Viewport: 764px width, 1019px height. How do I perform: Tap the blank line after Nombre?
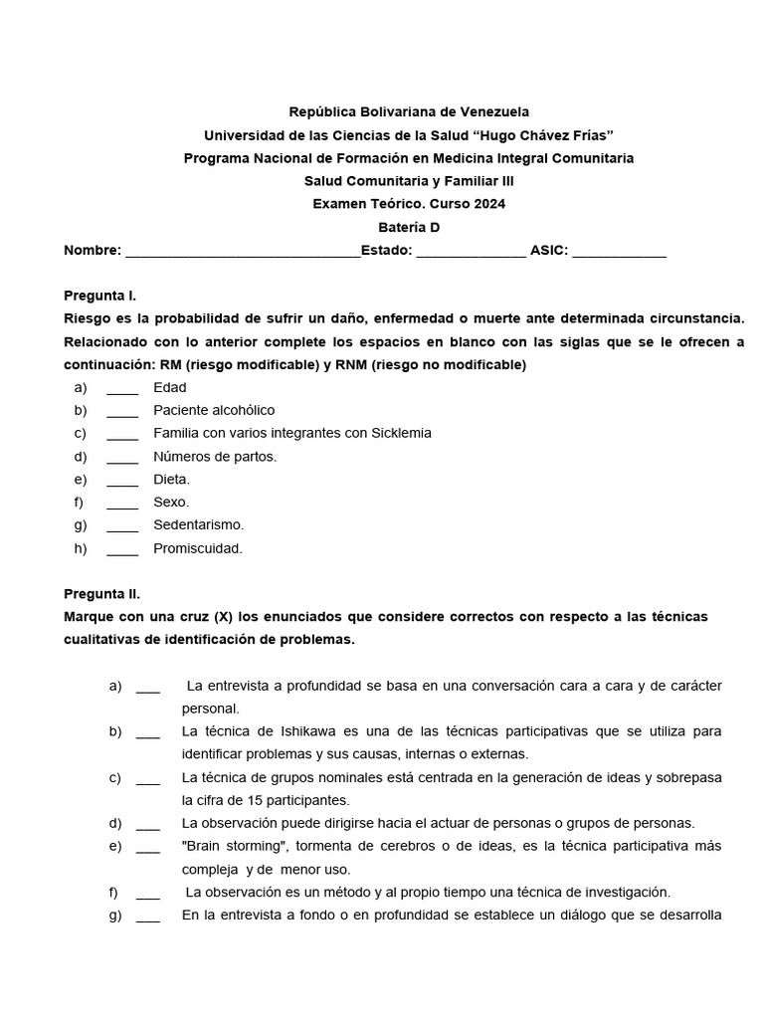[243, 252]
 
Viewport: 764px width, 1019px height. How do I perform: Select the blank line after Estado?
[471, 252]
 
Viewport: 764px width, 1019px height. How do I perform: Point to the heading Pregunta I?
[100, 297]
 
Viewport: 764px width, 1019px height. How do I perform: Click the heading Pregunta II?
[102, 594]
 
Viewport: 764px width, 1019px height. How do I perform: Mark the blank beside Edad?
[122, 388]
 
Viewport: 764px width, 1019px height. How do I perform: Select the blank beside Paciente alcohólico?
[122, 411]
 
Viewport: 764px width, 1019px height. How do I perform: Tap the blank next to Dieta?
[122, 480]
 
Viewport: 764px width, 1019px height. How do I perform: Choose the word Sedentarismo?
[198, 524]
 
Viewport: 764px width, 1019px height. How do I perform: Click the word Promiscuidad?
[198, 548]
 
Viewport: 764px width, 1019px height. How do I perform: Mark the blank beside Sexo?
[122, 503]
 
